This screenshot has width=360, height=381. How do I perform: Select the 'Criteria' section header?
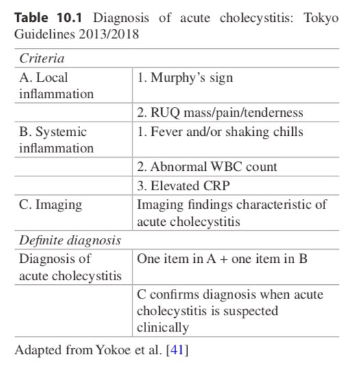38,59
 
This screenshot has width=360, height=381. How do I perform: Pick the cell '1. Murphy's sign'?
185,78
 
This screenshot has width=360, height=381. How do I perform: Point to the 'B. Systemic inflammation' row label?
53,139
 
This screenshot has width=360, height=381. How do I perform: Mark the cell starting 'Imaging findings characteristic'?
232,212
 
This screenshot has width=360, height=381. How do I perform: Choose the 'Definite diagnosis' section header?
70,240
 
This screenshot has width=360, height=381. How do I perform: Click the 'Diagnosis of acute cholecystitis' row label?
67,267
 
